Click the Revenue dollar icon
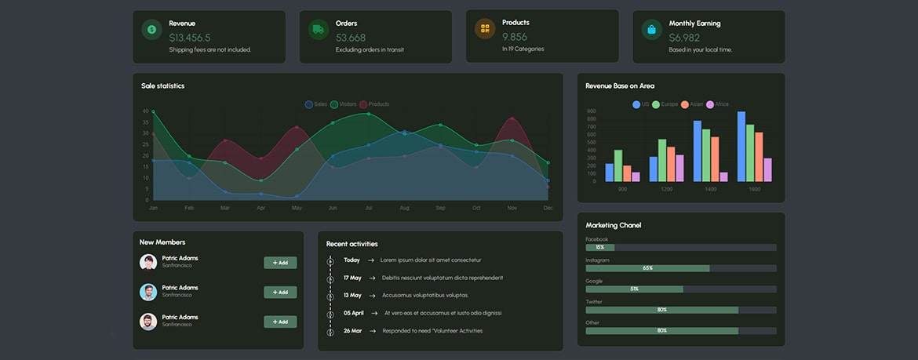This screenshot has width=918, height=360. [x=151, y=30]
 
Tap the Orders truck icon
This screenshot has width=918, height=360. [x=318, y=30]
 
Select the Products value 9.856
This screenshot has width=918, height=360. [x=515, y=37]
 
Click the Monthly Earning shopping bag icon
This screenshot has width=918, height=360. [x=651, y=30]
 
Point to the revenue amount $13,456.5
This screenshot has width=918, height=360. [x=190, y=38]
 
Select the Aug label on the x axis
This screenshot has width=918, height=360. [x=404, y=208]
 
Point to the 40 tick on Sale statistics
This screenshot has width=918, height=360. [x=146, y=111]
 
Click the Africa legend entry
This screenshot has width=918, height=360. [x=717, y=104]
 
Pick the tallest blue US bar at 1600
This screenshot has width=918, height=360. [x=741, y=147]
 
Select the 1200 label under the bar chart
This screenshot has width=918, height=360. [x=666, y=189]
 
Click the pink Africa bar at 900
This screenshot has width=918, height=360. [x=636, y=177]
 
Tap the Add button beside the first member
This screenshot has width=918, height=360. [x=280, y=263]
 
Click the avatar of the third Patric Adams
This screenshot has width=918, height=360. [x=148, y=322]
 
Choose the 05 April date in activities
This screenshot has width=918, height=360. [x=353, y=313]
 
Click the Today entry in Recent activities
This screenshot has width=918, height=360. [x=352, y=260]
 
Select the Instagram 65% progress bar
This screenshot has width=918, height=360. [x=647, y=268]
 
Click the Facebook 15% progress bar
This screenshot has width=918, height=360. [x=599, y=247]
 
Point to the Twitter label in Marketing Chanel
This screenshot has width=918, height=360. [x=594, y=302]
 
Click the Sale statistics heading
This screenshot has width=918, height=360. [x=163, y=86]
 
